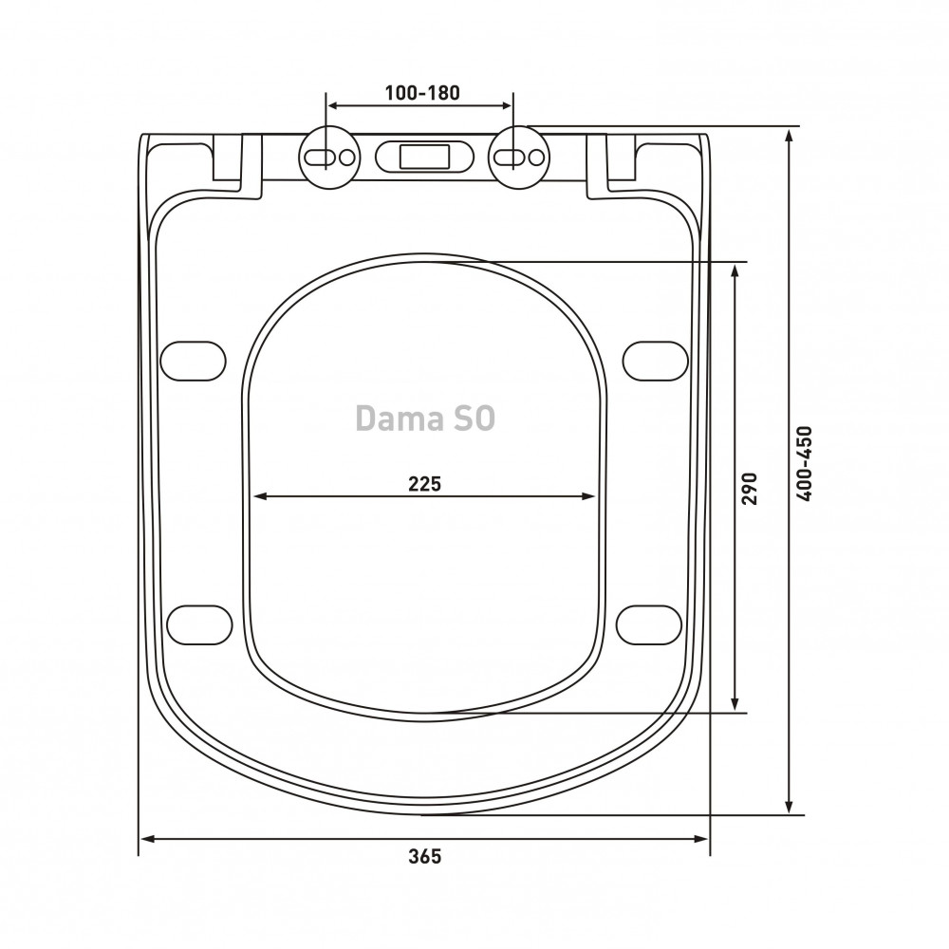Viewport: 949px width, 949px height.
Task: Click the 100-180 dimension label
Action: click(422, 93)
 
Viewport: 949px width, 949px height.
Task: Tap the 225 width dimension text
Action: click(425, 484)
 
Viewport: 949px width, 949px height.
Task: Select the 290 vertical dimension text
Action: click(750, 489)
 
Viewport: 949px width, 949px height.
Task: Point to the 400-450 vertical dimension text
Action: click(805, 464)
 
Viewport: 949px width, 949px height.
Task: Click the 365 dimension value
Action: click(425, 856)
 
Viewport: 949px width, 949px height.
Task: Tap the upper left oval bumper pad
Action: click(193, 362)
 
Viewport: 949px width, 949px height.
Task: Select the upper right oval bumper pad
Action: click(656, 362)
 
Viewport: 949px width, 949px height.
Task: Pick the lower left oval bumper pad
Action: click(199, 624)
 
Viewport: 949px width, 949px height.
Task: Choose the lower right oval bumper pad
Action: click(649, 624)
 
